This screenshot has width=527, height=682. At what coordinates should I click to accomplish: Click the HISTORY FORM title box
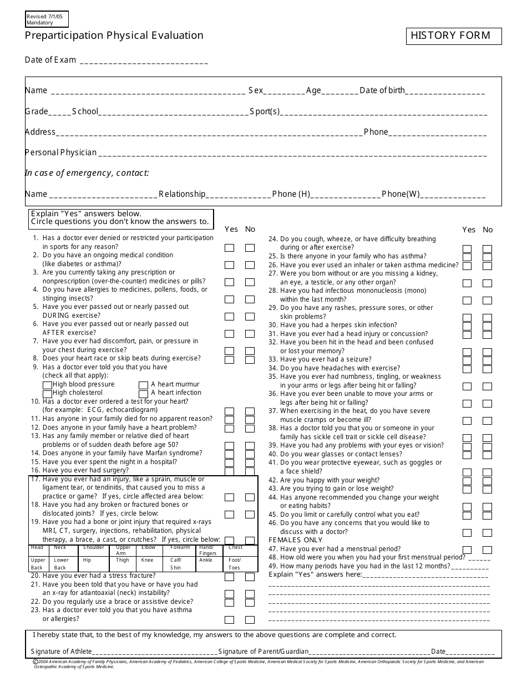pyautogui.click(x=453, y=36)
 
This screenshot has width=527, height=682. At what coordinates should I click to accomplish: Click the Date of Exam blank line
pyautogui.click(x=144, y=61)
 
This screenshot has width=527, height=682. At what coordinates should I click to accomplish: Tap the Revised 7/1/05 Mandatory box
pyautogui.click(x=45, y=19)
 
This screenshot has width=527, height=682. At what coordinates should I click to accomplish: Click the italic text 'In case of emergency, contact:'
pyautogui.click(x=87, y=173)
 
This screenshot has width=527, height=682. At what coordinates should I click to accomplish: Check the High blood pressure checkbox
pyautogui.click(x=47, y=385)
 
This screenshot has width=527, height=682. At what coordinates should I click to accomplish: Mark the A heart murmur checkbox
pyautogui.click(x=143, y=385)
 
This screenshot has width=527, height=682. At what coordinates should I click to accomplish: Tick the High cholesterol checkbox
pyautogui.click(x=47, y=393)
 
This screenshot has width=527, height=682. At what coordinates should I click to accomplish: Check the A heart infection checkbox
pyautogui.click(x=143, y=393)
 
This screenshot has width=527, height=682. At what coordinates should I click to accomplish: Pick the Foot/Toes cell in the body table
pyautogui.click(x=241, y=563)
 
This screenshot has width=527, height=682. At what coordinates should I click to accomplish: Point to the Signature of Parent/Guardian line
pyautogui.click(x=369, y=652)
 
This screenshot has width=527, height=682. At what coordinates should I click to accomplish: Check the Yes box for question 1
pyautogui.click(x=229, y=248)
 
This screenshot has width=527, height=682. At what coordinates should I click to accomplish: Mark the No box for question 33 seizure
pyautogui.click(x=487, y=360)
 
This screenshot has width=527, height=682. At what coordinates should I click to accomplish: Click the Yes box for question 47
pyautogui.click(x=467, y=550)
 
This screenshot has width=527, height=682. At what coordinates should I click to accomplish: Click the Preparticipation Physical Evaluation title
pyautogui.click(x=114, y=36)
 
